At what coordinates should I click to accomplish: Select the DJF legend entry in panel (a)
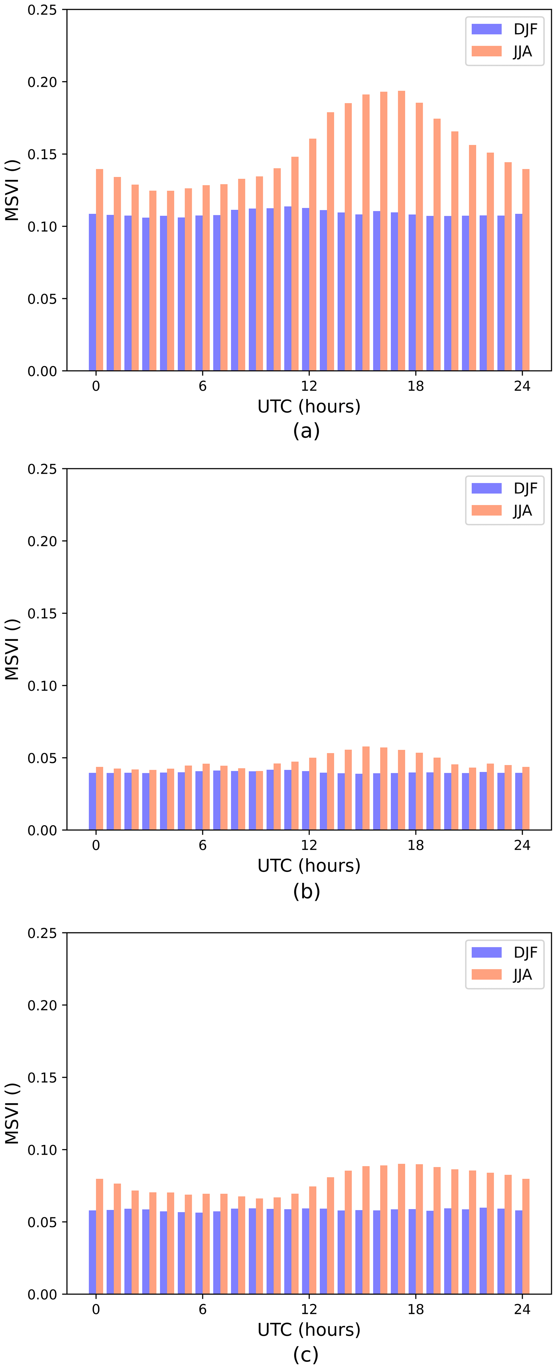504,29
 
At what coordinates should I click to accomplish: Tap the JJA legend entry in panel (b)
504,511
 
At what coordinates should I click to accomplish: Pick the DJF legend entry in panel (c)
504,952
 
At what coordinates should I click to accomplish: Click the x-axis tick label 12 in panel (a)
309,386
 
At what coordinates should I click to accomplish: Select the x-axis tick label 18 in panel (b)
416,845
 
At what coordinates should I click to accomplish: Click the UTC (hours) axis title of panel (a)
309,407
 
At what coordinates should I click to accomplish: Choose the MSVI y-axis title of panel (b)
12,649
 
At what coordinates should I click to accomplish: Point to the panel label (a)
306,431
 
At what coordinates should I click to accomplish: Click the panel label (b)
306,891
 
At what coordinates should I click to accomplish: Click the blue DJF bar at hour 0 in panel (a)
92,292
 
